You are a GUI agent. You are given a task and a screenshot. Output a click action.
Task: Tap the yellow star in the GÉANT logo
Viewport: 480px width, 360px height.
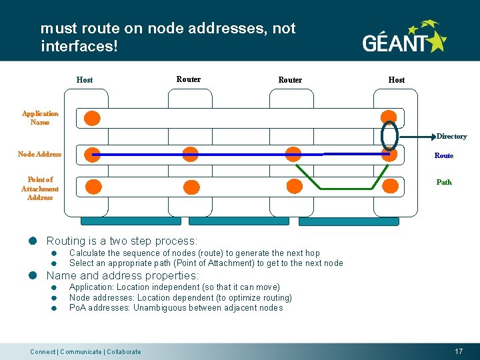(437, 42)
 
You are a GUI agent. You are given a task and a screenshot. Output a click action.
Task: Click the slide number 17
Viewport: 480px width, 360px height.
(459, 351)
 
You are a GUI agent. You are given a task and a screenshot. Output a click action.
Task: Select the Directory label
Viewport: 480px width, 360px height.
(451, 137)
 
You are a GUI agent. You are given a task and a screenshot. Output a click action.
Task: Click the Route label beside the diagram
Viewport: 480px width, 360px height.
(443, 156)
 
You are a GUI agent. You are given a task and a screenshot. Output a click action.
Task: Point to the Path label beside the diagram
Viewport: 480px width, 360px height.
(443, 182)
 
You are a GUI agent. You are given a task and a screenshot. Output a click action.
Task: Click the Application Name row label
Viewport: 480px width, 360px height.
(40, 118)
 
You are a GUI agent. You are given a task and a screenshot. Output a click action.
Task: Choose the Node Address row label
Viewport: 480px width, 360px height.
(39, 155)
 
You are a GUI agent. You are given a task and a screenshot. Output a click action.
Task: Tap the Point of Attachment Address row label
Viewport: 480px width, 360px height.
(40, 189)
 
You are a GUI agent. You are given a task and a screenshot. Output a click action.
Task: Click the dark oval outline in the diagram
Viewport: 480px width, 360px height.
(389, 135)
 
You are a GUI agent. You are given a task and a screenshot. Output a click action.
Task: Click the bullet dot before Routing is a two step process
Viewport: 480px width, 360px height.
(32, 241)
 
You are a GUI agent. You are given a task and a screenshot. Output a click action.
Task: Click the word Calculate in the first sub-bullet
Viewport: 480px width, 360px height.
(87, 253)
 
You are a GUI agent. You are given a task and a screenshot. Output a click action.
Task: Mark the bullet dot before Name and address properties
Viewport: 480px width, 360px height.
(32, 276)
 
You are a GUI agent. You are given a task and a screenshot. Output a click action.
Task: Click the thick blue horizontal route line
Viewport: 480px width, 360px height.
(240, 155)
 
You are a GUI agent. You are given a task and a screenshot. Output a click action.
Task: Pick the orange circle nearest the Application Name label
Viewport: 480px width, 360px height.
(92, 119)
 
